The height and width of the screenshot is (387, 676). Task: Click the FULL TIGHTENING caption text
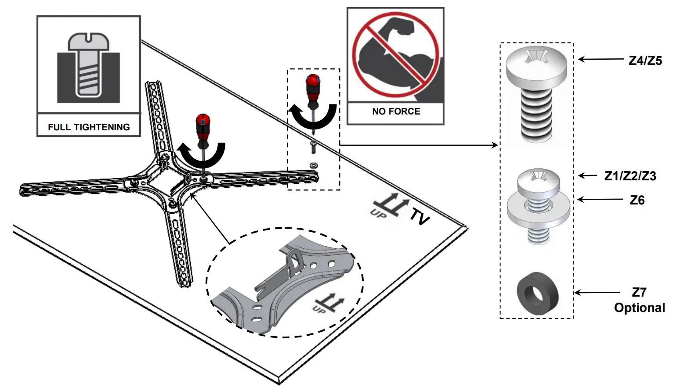89,127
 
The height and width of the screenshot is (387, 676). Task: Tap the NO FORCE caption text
396,111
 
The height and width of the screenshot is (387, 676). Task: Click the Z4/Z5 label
645,61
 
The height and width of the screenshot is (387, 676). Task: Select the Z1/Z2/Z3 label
630,176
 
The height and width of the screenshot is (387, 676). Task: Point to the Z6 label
637,200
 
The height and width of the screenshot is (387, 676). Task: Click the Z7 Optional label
639,300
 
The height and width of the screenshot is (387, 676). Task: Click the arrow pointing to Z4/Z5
600,59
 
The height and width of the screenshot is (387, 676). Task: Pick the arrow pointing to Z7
597,292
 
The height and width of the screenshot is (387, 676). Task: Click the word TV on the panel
419,216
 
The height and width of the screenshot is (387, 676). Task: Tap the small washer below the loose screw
314,165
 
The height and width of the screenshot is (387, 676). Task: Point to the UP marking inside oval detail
329,303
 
